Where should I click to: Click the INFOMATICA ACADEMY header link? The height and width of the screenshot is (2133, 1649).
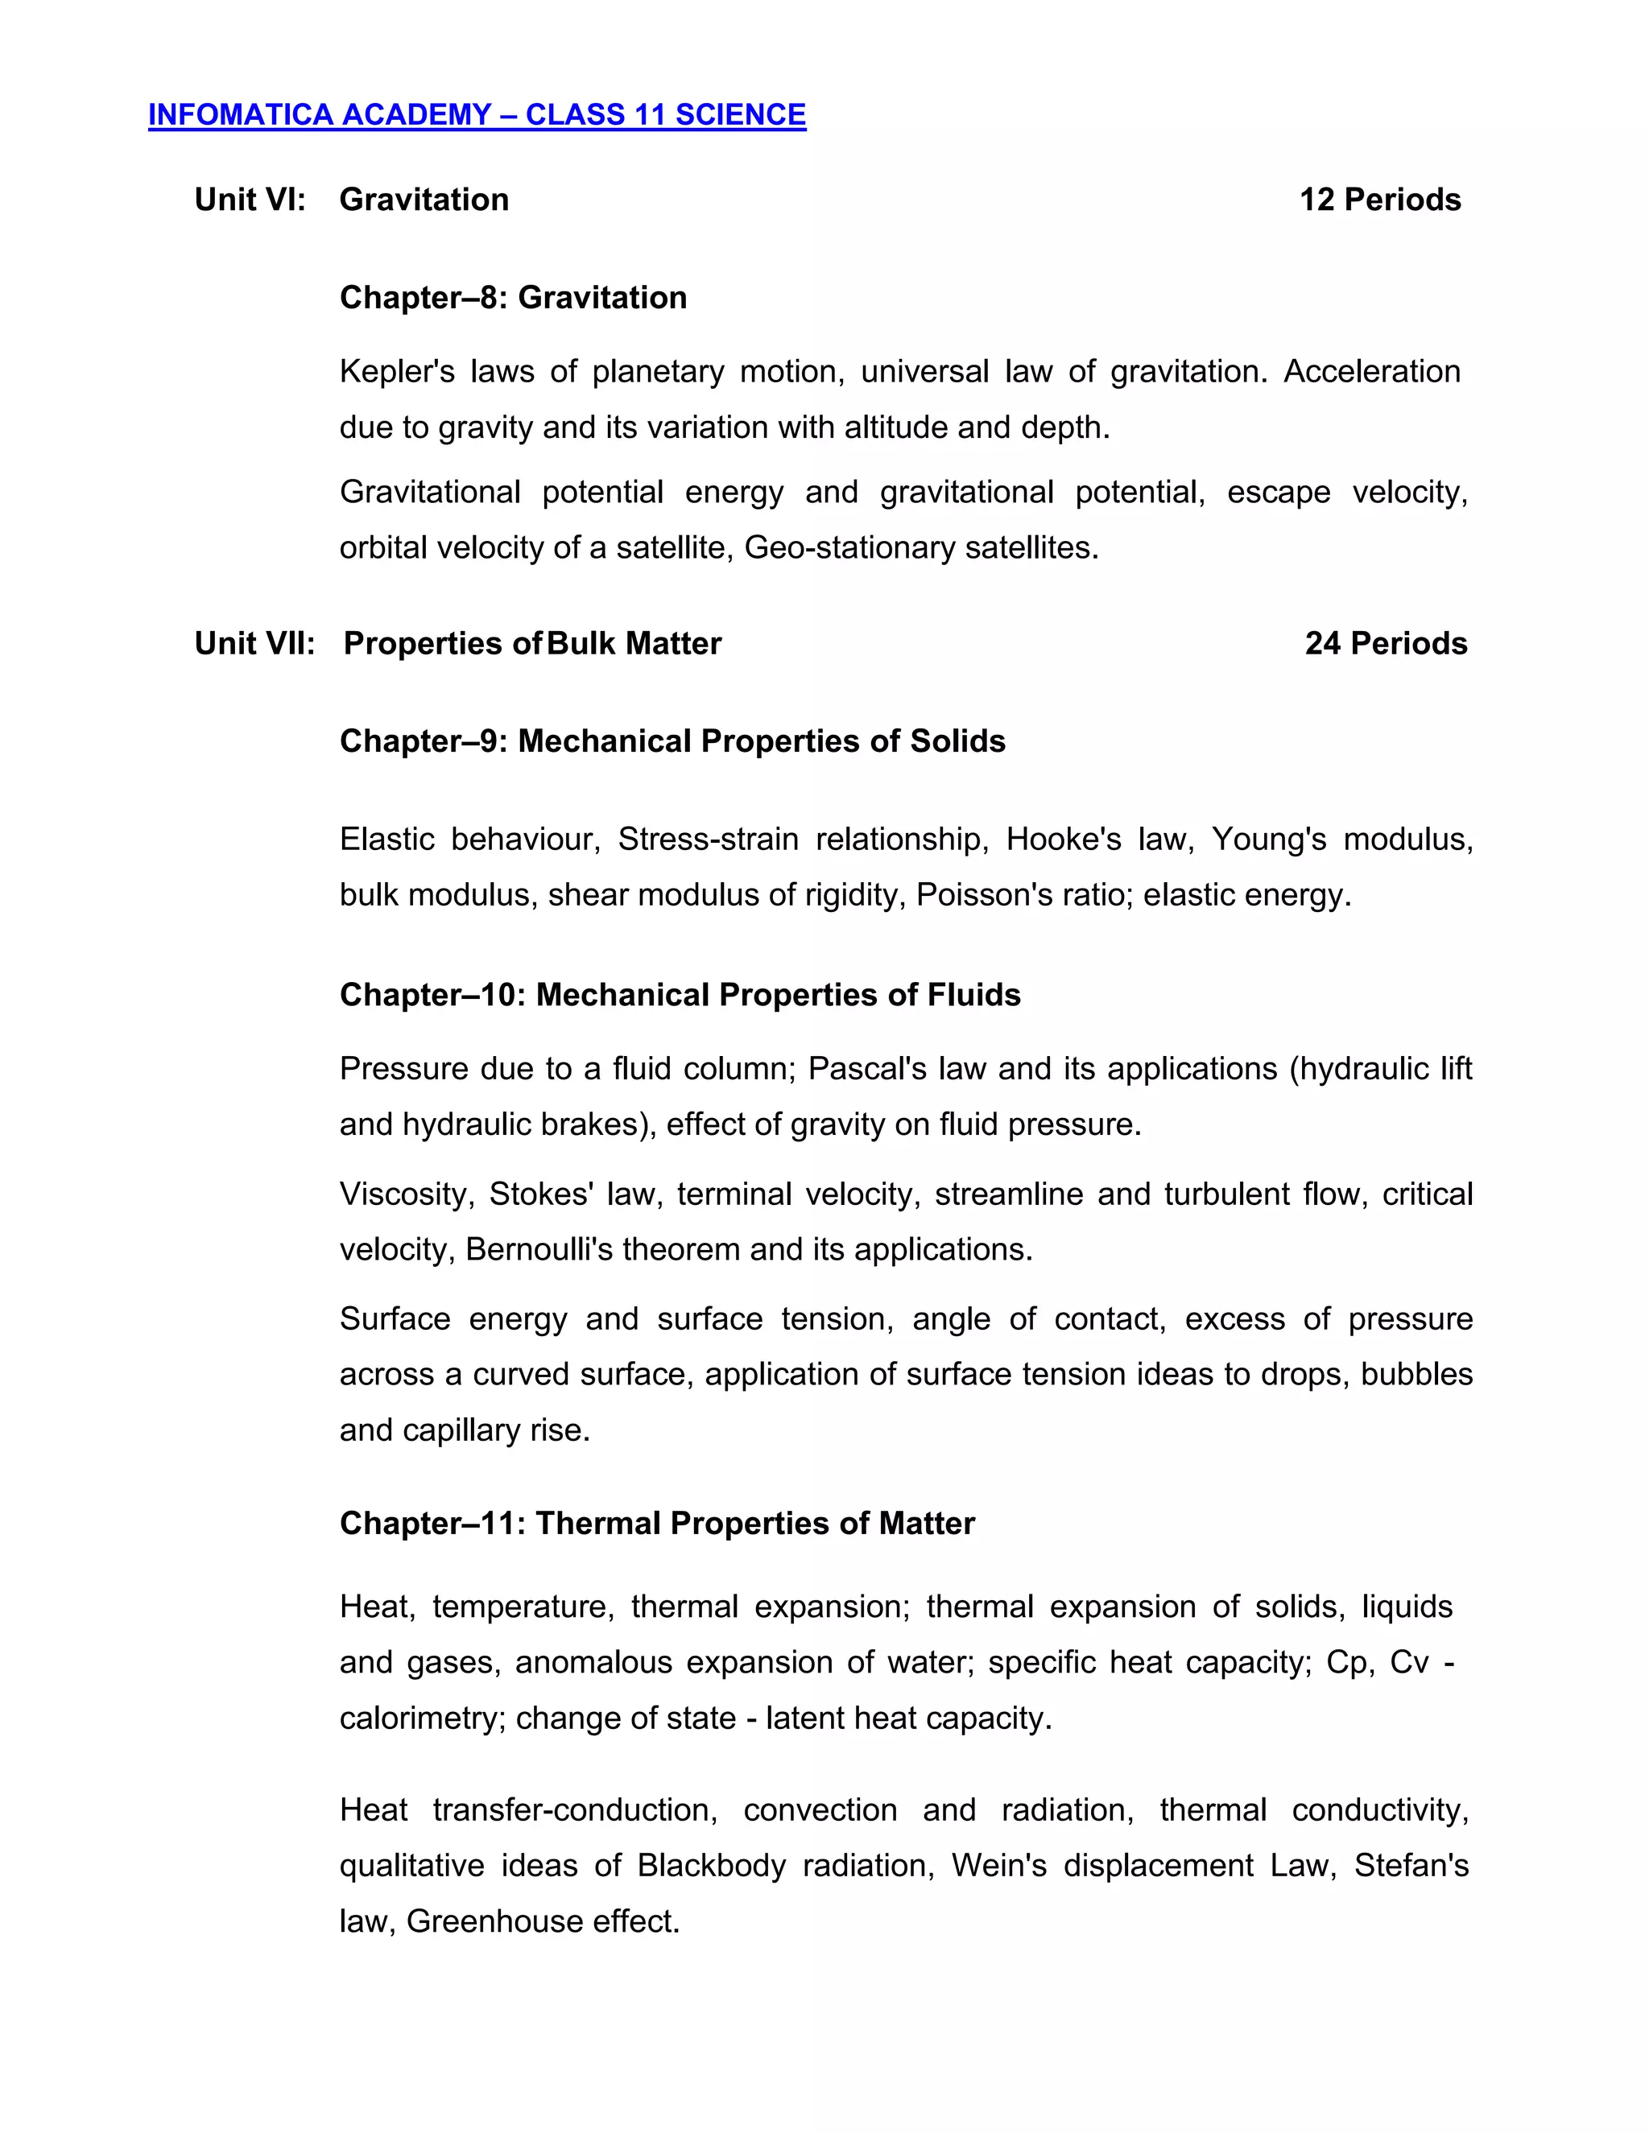coord(477,115)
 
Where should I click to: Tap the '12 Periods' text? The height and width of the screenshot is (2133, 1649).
coord(1379,200)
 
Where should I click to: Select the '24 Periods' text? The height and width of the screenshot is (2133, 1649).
coord(1385,644)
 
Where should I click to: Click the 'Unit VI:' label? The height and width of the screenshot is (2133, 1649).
coord(250,200)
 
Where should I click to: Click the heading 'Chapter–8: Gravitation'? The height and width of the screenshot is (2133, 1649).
coord(513,298)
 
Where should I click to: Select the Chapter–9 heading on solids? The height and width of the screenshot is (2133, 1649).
coord(672,741)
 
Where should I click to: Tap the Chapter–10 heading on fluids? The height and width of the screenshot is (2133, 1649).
coord(680,995)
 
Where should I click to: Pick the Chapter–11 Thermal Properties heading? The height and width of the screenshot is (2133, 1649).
coord(656,1524)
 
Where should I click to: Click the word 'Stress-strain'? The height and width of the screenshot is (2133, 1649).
coord(709,839)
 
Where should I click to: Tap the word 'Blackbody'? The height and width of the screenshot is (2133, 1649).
coord(711,1867)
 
